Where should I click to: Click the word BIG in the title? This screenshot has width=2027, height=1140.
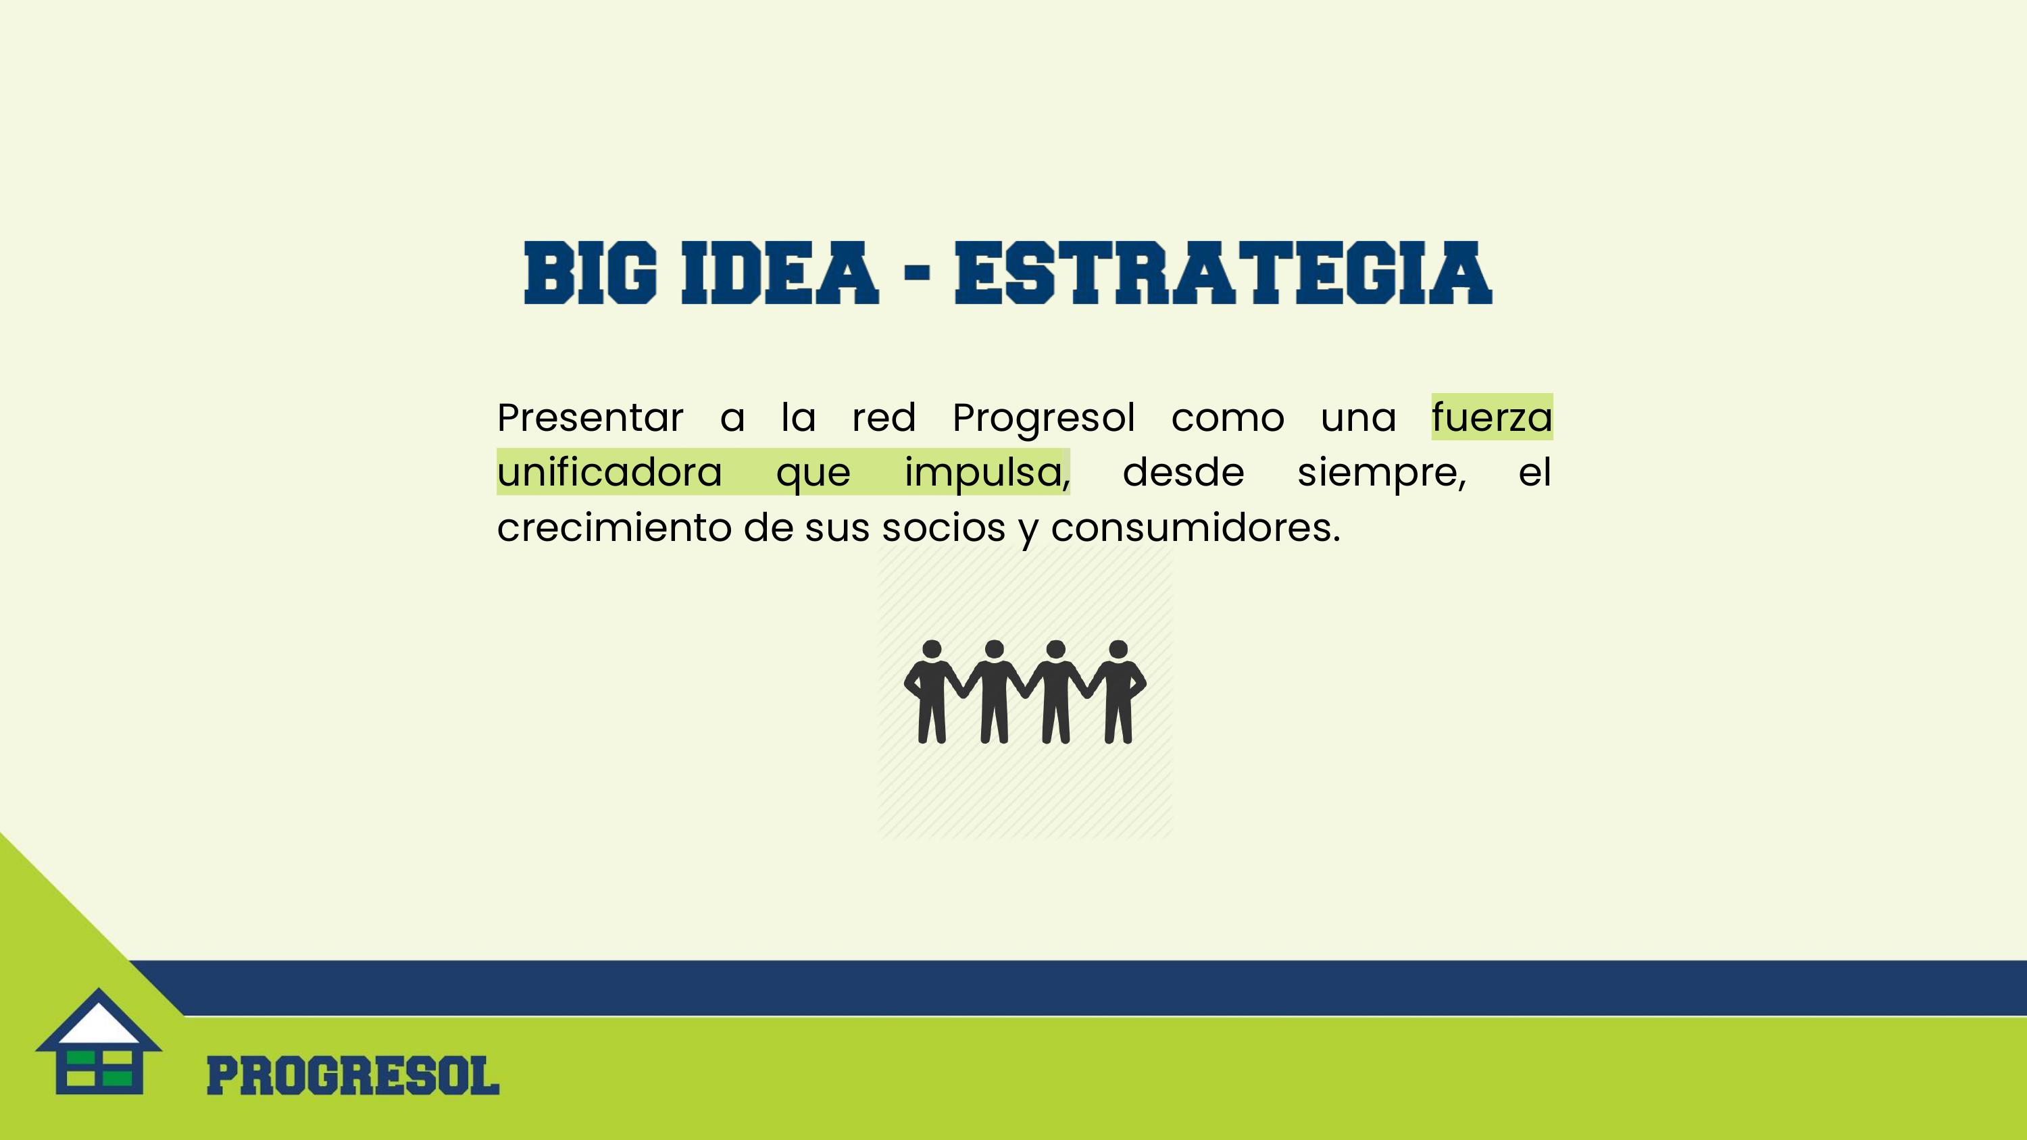[590, 273]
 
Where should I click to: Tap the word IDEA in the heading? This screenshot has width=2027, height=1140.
[779, 273]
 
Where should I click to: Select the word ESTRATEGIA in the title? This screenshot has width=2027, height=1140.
[1223, 273]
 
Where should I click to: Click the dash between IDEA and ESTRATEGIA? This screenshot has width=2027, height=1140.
[918, 273]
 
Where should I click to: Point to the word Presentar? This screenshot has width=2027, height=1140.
[590, 418]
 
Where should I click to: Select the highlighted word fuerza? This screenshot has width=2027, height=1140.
[1492, 417]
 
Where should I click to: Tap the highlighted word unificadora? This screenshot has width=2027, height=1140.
[610, 472]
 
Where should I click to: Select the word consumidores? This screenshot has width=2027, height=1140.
[1195, 527]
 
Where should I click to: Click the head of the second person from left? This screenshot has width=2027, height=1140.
[994, 650]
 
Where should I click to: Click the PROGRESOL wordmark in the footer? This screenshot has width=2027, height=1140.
[353, 1075]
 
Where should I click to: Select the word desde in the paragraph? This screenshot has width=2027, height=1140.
[1184, 472]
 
